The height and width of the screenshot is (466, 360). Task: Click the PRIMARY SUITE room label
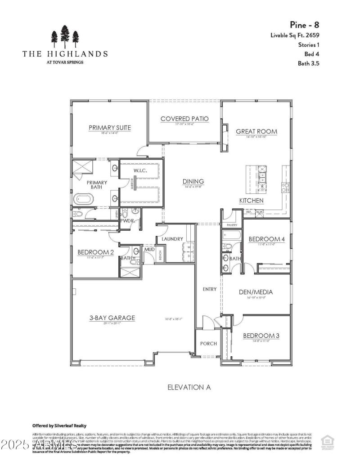(x=110, y=128)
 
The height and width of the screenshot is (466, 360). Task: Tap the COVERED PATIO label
(x=184, y=119)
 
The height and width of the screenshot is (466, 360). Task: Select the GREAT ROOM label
(x=256, y=132)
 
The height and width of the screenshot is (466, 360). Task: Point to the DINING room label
(x=193, y=181)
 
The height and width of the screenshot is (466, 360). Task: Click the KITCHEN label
(x=251, y=200)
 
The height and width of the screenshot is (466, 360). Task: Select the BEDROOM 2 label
(x=95, y=252)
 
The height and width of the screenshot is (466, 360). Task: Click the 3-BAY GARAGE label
(x=112, y=318)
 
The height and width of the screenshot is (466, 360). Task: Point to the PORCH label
(x=208, y=344)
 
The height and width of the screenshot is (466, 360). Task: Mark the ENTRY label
(x=210, y=289)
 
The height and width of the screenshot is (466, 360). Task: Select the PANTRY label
(x=232, y=224)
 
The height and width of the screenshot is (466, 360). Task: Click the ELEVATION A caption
(x=189, y=387)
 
